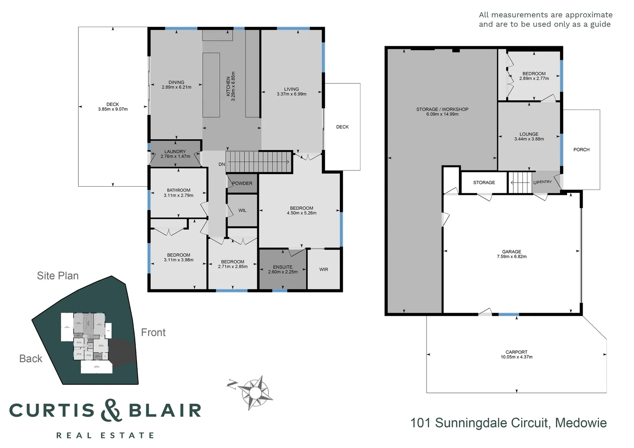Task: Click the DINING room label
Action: point(176,82)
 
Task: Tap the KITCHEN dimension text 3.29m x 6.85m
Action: point(233,86)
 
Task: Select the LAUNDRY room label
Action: point(175,151)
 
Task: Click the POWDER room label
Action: point(242,183)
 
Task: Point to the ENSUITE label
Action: point(283,267)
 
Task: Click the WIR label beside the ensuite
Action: point(324,270)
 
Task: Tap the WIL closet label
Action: point(242,211)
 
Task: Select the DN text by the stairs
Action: point(222,165)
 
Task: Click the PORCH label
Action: point(581,150)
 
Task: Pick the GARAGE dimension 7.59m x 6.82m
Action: point(512,257)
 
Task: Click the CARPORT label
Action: point(516,352)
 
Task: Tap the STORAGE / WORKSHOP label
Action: point(442,110)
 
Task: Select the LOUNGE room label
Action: point(529,134)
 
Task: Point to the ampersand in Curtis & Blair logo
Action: point(111,410)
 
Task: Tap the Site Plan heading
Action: point(58,276)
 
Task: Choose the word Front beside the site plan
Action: point(153,333)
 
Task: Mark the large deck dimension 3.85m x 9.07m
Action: point(113,110)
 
